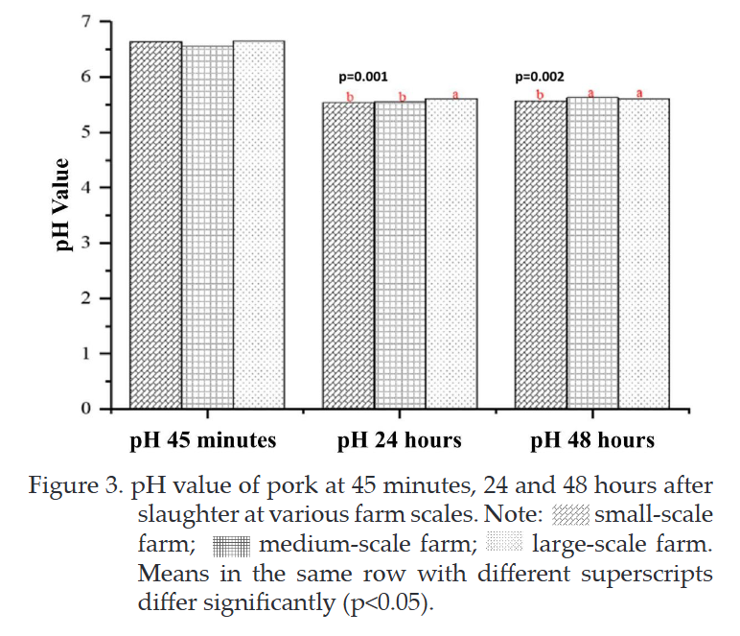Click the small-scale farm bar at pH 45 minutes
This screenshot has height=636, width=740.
(x=155, y=224)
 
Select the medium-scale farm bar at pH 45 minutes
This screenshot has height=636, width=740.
(x=208, y=227)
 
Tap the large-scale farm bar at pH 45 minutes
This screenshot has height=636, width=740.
(x=259, y=224)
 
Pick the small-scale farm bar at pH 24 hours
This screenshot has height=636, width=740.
(x=349, y=255)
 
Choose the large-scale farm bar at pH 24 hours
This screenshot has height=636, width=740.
(x=451, y=253)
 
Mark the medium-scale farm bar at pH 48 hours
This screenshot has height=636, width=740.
(x=592, y=253)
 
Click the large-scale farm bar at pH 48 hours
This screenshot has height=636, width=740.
(x=644, y=253)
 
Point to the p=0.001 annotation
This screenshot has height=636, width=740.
(x=363, y=77)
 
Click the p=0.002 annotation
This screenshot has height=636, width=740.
(x=540, y=77)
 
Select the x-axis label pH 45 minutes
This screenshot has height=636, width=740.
(x=203, y=441)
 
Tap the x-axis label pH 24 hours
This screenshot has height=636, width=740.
(x=400, y=441)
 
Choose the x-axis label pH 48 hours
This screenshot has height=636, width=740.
(x=592, y=441)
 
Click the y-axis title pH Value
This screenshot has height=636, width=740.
(x=62, y=205)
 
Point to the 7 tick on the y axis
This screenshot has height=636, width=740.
(x=85, y=22)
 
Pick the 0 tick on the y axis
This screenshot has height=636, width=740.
(x=85, y=409)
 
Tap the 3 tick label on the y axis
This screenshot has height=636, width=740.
(x=85, y=243)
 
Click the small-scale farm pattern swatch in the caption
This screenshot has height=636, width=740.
(x=570, y=515)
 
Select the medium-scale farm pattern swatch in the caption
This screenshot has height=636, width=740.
(x=231, y=546)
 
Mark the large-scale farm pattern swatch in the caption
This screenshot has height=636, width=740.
(x=504, y=542)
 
